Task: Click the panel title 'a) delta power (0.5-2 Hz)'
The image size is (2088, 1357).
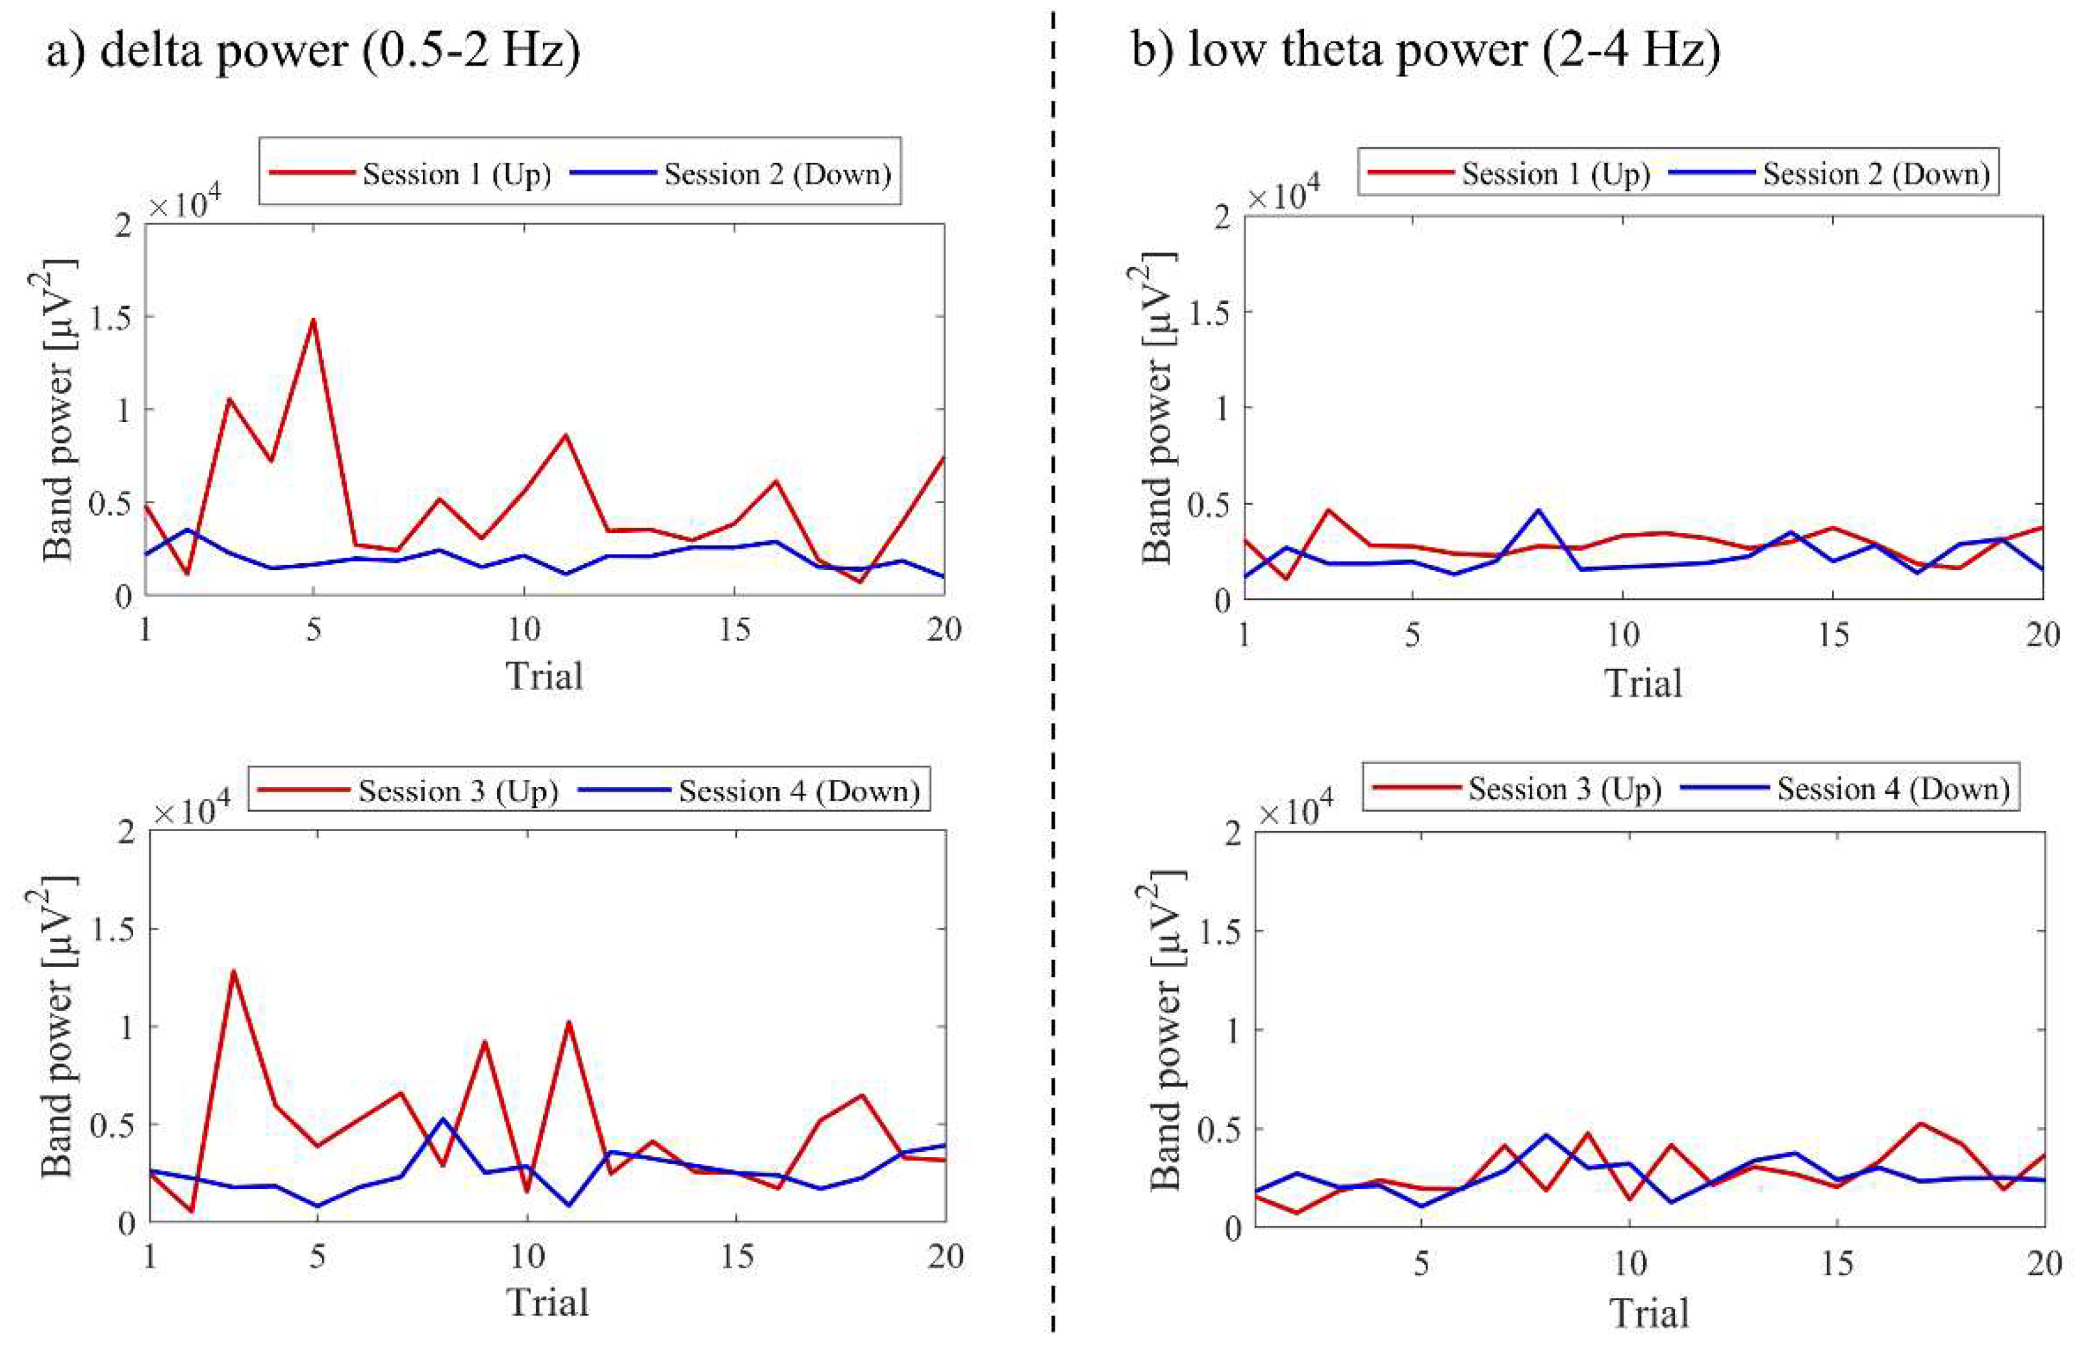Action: [312, 51]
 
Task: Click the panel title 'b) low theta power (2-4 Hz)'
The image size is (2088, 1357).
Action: [1426, 51]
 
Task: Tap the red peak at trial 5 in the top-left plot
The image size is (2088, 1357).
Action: [313, 320]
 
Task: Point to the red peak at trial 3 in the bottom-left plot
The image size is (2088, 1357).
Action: [233, 971]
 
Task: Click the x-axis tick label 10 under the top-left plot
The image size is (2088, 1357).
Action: [523, 629]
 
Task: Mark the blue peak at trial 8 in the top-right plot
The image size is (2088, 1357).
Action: [1538, 510]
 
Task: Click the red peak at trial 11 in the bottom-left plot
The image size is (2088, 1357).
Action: [568, 1022]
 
